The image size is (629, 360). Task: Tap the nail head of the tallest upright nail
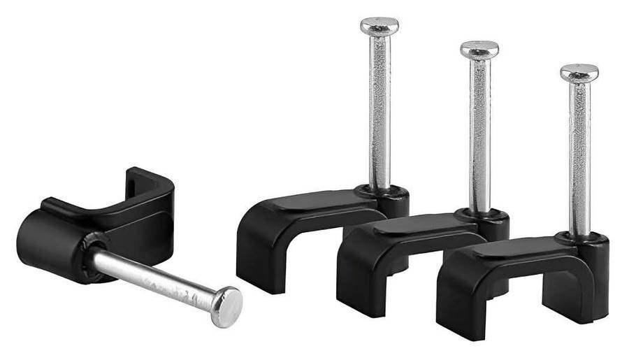(379, 27)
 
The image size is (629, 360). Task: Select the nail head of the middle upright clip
(479, 50)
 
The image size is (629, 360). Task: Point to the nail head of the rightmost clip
(579, 72)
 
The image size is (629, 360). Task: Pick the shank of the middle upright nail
(479, 133)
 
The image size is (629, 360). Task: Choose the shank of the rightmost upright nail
(579, 154)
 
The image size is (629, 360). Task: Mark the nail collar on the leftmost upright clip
(391, 192)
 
